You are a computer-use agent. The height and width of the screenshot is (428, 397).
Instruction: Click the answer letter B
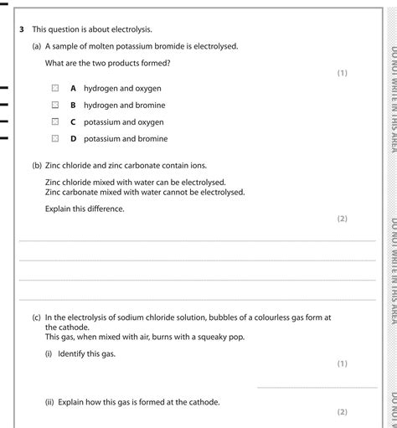(74, 106)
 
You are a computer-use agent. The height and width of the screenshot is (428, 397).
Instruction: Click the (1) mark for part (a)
(342, 73)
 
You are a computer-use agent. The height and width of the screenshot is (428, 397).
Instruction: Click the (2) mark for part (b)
(342, 219)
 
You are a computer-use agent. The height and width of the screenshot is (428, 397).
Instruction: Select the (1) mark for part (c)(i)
(342, 364)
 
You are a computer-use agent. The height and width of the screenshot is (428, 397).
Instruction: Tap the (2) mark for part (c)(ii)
(342, 411)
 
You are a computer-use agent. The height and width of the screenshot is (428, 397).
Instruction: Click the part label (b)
(37, 165)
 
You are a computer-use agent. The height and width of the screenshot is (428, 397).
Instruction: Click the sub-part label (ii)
(49, 402)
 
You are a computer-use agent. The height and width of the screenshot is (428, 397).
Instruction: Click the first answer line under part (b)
(197, 240)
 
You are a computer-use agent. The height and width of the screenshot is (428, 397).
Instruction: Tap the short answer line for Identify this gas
(317, 386)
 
